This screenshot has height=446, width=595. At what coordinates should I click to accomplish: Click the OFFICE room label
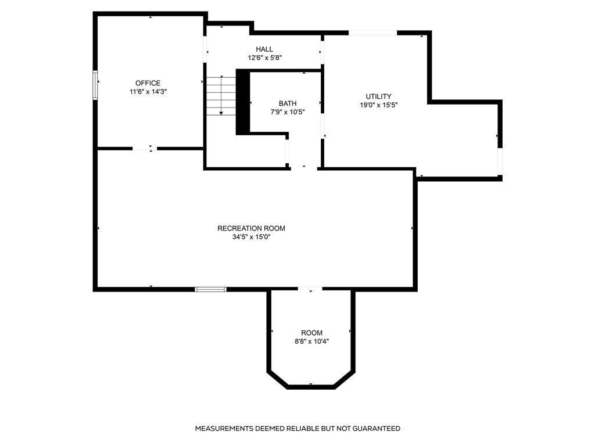coord(148,83)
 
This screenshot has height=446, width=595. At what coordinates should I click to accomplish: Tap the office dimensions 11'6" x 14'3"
coord(148,92)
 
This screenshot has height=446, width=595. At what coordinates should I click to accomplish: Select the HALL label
coord(264,49)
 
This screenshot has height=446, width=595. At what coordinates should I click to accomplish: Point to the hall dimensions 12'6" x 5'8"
coord(264,58)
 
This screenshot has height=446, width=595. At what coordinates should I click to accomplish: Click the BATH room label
coord(288,103)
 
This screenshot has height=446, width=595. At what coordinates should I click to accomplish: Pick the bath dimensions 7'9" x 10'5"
coord(288,112)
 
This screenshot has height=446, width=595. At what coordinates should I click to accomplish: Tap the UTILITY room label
coord(378,96)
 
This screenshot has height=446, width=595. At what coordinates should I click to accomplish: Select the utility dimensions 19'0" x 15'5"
coord(378,105)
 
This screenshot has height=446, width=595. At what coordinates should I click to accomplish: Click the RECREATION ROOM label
coord(251,228)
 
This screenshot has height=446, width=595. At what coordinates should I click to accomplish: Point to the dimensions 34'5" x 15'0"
coord(251,237)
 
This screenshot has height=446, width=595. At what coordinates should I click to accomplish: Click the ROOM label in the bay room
coord(311,333)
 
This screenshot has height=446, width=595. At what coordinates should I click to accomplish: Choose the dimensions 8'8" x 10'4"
coord(311,341)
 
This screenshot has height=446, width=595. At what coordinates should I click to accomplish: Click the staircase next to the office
coord(221,96)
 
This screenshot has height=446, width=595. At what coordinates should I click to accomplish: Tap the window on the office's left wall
coord(95,85)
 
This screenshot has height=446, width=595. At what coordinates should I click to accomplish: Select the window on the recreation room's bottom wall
coord(210,289)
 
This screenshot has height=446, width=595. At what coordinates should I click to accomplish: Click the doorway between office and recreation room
coord(145,149)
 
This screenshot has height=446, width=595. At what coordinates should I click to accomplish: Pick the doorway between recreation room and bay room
coord(310,289)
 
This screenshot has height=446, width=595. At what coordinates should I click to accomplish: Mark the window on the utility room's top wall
coord(372,33)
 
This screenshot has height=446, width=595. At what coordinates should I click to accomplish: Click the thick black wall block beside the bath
coord(242,102)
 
